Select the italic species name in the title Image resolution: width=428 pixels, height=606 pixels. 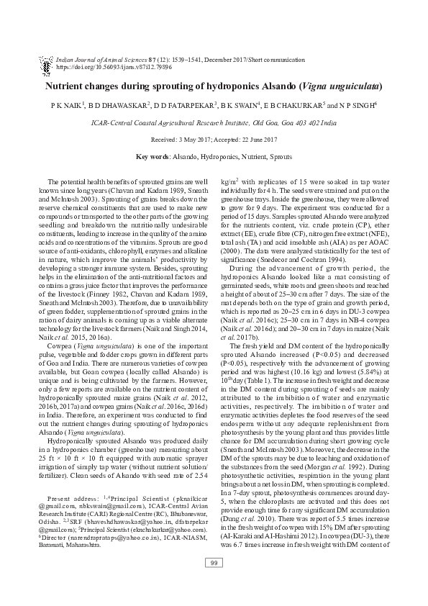pyautogui.click(x=338, y=86)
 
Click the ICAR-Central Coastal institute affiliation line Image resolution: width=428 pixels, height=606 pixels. pyautogui.click(x=214, y=123)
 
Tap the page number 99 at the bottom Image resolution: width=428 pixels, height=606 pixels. pyautogui.click(x=214, y=562)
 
